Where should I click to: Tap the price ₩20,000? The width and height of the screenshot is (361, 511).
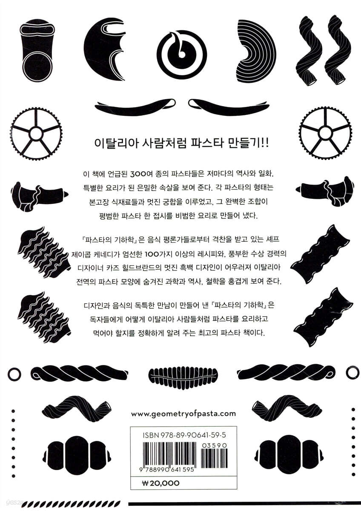[x=161, y=483]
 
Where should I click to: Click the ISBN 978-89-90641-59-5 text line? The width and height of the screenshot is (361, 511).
[x=184, y=435]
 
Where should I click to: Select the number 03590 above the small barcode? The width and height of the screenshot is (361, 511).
[x=214, y=445]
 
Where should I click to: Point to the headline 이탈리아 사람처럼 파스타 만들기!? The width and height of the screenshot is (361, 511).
[x=181, y=144]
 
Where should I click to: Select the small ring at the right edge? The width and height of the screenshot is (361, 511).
[x=352, y=372]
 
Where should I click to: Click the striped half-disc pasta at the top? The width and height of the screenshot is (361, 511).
[x=256, y=52]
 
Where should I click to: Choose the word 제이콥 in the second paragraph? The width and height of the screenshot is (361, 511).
[x=84, y=254]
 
